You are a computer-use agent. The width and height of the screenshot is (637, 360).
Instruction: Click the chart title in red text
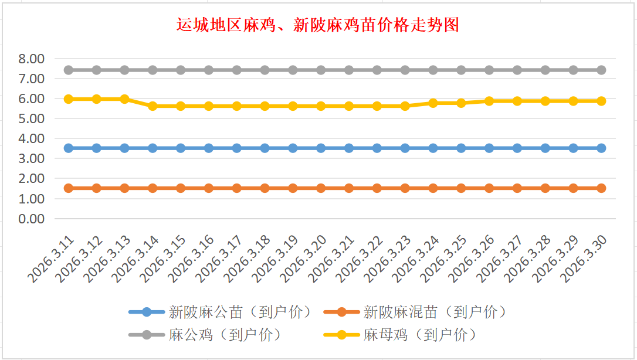coord(317,25)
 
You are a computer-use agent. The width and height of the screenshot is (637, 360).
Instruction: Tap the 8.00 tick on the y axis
coord(31,59)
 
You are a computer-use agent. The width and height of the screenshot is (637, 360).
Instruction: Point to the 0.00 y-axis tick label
coord(31,219)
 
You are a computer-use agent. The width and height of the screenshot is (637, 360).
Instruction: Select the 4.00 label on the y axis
coord(31,139)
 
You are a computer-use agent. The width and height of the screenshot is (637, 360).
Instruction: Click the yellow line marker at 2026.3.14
coord(153,106)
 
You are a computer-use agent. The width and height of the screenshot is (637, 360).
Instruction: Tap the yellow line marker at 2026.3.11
coord(69,99)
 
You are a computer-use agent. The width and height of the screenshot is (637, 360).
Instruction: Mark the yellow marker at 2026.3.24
coord(433,103)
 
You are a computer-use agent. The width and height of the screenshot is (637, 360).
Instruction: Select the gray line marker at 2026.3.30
coord(601,70)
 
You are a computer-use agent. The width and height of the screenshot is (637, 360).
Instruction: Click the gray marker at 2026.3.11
coord(69,70)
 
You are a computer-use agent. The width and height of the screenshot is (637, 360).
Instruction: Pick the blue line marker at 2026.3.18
coord(265,148)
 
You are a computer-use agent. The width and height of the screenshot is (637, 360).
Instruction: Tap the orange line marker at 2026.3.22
coord(377,188)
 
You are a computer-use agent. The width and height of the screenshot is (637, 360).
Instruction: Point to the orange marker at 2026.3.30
coord(601,188)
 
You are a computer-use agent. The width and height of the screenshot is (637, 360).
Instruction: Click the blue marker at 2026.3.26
coord(489,148)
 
